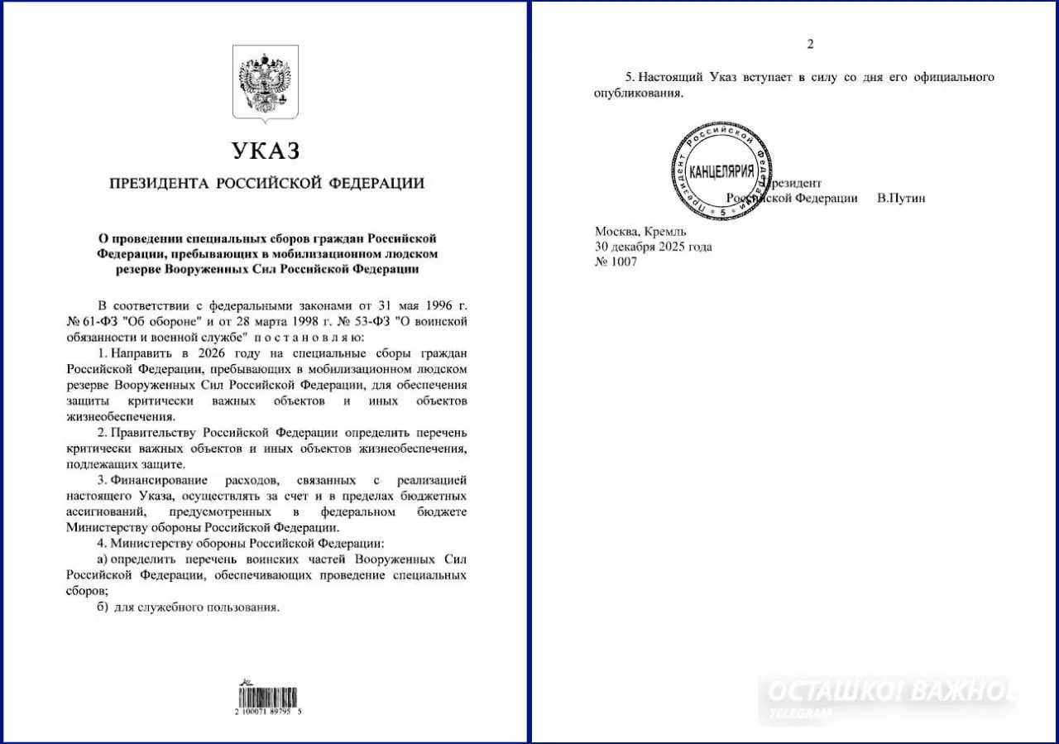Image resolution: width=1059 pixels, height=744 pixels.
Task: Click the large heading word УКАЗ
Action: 266,151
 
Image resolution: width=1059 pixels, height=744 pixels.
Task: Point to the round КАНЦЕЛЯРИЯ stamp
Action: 721,171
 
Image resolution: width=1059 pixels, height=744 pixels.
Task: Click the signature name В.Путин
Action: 901,199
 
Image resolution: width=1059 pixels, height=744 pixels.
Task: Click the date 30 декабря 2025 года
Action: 653,247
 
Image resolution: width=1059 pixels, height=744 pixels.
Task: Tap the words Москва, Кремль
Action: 635,232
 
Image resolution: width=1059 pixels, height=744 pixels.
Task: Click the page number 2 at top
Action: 810,45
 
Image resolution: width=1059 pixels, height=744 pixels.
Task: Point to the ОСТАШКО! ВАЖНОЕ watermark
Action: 889,693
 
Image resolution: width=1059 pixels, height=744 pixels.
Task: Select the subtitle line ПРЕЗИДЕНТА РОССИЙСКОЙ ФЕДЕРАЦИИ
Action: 266,184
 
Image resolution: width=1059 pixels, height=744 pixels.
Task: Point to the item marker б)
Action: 103,607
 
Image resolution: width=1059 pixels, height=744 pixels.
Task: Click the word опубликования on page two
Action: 639,93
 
